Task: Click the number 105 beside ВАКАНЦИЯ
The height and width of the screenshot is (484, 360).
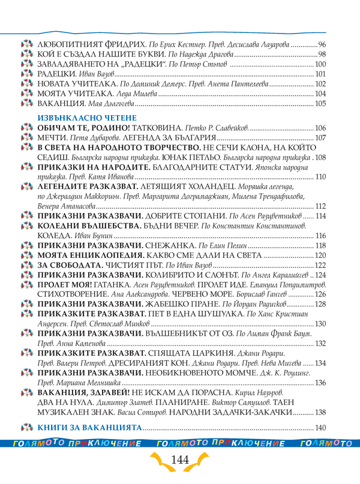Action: pyautogui.click(x=320, y=103)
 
